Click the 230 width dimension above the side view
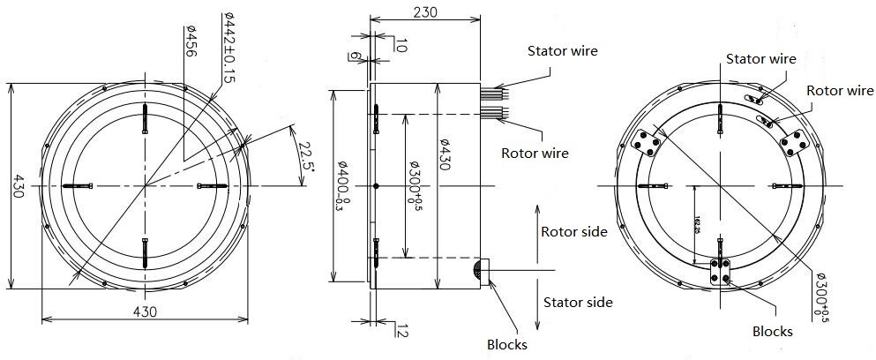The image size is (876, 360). point(424,11)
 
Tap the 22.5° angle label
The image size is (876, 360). point(305,153)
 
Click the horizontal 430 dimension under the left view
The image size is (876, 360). point(145,311)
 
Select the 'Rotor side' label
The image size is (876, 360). point(573,232)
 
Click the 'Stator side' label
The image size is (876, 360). point(578,303)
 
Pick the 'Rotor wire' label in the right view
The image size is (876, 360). point(839,91)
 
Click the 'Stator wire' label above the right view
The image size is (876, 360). point(760,59)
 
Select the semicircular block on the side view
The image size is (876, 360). point(481,271)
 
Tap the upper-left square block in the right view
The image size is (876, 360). point(649,143)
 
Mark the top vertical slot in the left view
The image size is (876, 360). point(145,120)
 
